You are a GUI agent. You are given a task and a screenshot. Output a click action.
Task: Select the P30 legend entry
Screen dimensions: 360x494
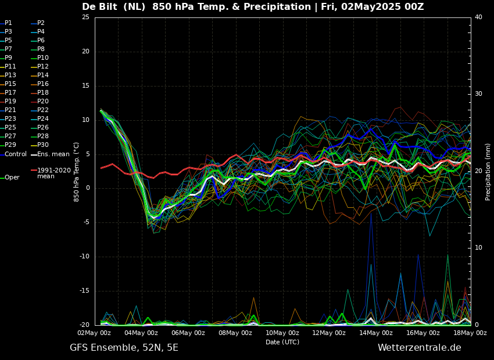pyautogui.click(x=43, y=145)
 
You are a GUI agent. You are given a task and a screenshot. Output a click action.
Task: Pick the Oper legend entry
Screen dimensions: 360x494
pyautogui.click(x=12, y=178)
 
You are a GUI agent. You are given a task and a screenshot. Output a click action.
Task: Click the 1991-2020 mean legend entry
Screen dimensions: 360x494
pyautogui.click(x=53, y=174)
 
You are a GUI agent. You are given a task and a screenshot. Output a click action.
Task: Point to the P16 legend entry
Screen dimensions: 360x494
pyautogui.click(x=43, y=84)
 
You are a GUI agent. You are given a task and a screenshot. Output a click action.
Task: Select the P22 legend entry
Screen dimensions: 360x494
pyautogui.click(x=43, y=110)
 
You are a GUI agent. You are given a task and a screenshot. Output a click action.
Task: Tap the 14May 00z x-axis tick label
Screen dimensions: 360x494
pyautogui.click(x=375, y=333)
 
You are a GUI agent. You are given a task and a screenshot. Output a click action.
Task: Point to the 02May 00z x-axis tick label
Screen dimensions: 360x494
pyautogui.click(x=94, y=333)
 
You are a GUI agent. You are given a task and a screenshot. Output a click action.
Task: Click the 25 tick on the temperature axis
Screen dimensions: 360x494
pyautogui.click(x=85, y=17)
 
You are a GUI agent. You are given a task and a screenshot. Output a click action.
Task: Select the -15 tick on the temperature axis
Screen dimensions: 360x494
pyautogui.click(x=85, y=291)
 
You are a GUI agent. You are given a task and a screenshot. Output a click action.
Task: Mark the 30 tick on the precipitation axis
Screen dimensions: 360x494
pyautogui.click(x=478, y=94)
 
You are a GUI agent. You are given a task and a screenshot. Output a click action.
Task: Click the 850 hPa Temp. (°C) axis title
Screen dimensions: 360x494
pyautogui.click(x=77, y=172)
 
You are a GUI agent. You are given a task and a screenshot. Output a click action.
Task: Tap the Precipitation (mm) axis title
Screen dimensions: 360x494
pyautogui.click(x=488, y=172)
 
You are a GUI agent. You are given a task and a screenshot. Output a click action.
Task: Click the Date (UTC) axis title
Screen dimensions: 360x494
pyautogui.click(x=282, y=342)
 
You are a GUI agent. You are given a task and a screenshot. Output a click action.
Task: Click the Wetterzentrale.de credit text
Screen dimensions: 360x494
pyautogui.click(x=419, y=348)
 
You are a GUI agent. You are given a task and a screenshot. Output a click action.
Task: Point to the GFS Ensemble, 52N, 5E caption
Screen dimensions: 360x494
pyautogui.click(x=124, y=348)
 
